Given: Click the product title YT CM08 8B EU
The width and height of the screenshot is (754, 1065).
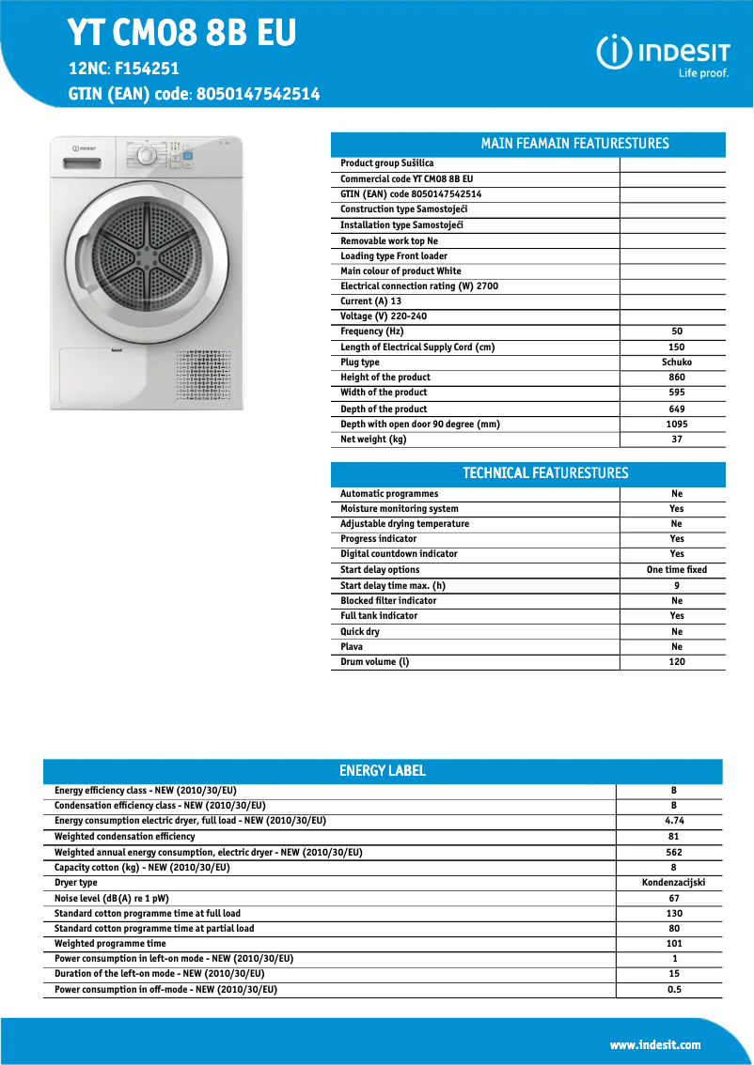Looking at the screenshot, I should coord(181,34).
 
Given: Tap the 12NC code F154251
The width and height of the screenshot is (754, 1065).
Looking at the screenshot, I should coord(147,69).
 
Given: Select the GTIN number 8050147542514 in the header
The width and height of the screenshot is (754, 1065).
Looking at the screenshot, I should coord(258,94).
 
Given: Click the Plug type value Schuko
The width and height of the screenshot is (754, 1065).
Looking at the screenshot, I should coord(676,363).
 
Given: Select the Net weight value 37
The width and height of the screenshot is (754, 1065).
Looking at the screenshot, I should coord(676,440).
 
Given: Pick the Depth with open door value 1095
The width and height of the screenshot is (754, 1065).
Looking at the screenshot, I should coord(676,424).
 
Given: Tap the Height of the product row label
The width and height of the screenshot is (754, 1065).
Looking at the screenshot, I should coord(385,378).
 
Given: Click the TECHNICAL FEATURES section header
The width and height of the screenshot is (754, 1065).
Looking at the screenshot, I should coord(545,473).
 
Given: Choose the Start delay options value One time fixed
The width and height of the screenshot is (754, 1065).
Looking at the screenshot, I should coord(676,570).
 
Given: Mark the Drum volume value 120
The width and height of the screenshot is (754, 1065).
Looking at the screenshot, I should coord(676,662).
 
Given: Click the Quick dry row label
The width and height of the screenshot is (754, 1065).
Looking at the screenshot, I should coord(360,632).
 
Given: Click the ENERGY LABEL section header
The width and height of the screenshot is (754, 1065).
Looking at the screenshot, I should coord(382,771).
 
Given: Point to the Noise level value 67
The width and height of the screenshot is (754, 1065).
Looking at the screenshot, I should coord(673,899).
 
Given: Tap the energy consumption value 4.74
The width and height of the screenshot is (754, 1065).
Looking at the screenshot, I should coord(673,821).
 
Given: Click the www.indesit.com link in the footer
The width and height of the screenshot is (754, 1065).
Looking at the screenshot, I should coord(654,1044).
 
